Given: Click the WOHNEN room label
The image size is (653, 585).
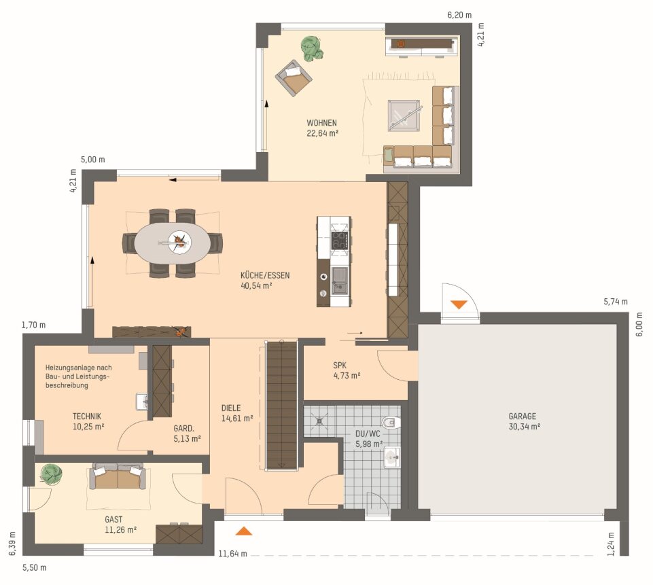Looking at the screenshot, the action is (x=321, y=123).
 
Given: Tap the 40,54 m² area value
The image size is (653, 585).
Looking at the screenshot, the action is (x=256, y=285).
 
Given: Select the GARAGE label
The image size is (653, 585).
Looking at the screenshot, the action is (x=523, y=416).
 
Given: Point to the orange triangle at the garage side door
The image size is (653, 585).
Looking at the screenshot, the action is (x=459, y=304).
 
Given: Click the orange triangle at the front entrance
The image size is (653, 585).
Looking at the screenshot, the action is (x=244, y=531).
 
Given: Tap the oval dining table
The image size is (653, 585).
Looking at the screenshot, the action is (x=173, y=243).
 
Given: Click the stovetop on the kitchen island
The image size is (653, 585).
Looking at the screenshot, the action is (x=339, y=241).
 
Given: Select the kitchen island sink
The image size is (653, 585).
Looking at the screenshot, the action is (x=340, y=281).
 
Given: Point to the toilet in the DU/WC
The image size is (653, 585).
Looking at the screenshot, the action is (x=391, y=423).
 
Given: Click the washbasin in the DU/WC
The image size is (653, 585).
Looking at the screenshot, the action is (x=392, y=457).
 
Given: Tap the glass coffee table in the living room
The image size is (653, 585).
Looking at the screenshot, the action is (x=404, y=116).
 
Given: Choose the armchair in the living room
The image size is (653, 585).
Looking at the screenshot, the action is (x=294, y=78).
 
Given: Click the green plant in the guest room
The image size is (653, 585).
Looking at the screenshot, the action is (x=52, y=474).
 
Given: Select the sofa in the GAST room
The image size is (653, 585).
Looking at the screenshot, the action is (x=118, y=476).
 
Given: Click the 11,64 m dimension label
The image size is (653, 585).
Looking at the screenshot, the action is (x=233, y=553).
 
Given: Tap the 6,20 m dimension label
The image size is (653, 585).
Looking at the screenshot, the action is (x=459, y=15).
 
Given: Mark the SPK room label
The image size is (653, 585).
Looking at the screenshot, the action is (x=339, y=365).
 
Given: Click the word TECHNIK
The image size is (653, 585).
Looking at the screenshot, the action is (x=86, y=416).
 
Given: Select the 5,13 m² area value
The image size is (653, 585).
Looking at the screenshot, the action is (x=187, y=438).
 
